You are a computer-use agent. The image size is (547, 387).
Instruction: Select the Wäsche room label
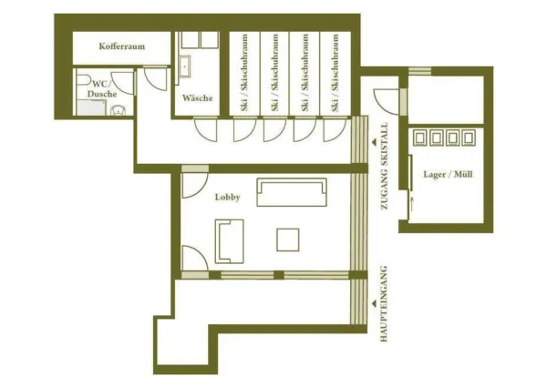[x=197, y=97]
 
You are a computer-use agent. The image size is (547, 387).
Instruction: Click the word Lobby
[x=227, y=197]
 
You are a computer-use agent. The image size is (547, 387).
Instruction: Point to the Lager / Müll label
[x=449, y=174]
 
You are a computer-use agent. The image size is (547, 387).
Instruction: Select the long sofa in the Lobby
[x=291, y=192]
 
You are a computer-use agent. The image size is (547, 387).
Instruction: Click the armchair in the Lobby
[x=229, y=240]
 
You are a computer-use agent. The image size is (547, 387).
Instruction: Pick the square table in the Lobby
[x=289, y=239]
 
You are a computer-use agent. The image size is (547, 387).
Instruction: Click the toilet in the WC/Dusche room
[x=116, y=110]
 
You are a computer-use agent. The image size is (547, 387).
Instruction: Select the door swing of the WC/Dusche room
[x=125, y=83]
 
